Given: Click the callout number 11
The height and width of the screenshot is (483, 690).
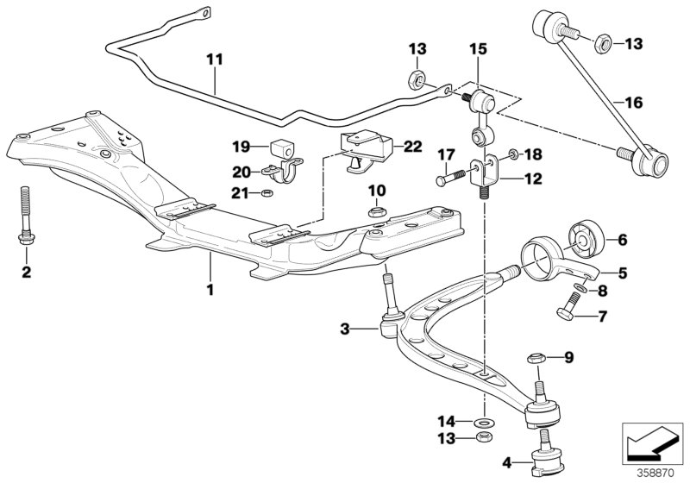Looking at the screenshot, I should [x=214, y=60].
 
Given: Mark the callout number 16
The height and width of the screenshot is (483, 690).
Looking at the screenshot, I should [x=633, y=102].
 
